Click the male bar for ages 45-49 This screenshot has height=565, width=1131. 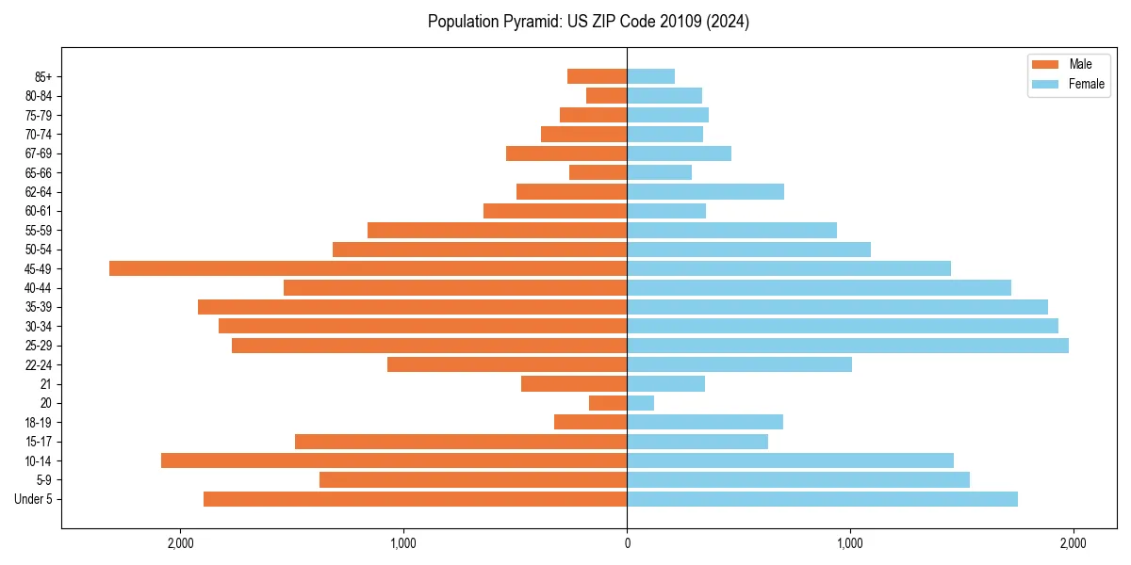tap(368, 268)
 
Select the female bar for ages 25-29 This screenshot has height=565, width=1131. tap(847, 346)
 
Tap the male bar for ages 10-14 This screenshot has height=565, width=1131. tap(394, 460)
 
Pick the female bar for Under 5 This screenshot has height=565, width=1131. tap(822, 499)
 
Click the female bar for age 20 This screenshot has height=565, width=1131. tap(641, 403)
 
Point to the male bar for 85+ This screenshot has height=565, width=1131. tap(597, 76)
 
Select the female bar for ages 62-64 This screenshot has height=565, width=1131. tap(705, 192)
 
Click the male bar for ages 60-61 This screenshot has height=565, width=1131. tap(555, 211)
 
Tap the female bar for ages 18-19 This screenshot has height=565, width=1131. tap(705, 422)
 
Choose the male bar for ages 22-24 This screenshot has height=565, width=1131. tap(507, 364)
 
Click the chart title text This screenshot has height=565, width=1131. tap(588, 22)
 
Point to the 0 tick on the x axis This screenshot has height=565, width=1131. tap(627, 543)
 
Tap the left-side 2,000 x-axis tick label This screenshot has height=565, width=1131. tap(180, 543)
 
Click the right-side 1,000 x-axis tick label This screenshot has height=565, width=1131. tap(850, 543)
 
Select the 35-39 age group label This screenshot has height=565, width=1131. tap(39, 307)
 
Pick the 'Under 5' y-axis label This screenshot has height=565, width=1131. tap(33, 499)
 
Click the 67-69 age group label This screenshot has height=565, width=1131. tap(39, 153)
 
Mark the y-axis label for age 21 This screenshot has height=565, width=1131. tap(46, 384)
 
